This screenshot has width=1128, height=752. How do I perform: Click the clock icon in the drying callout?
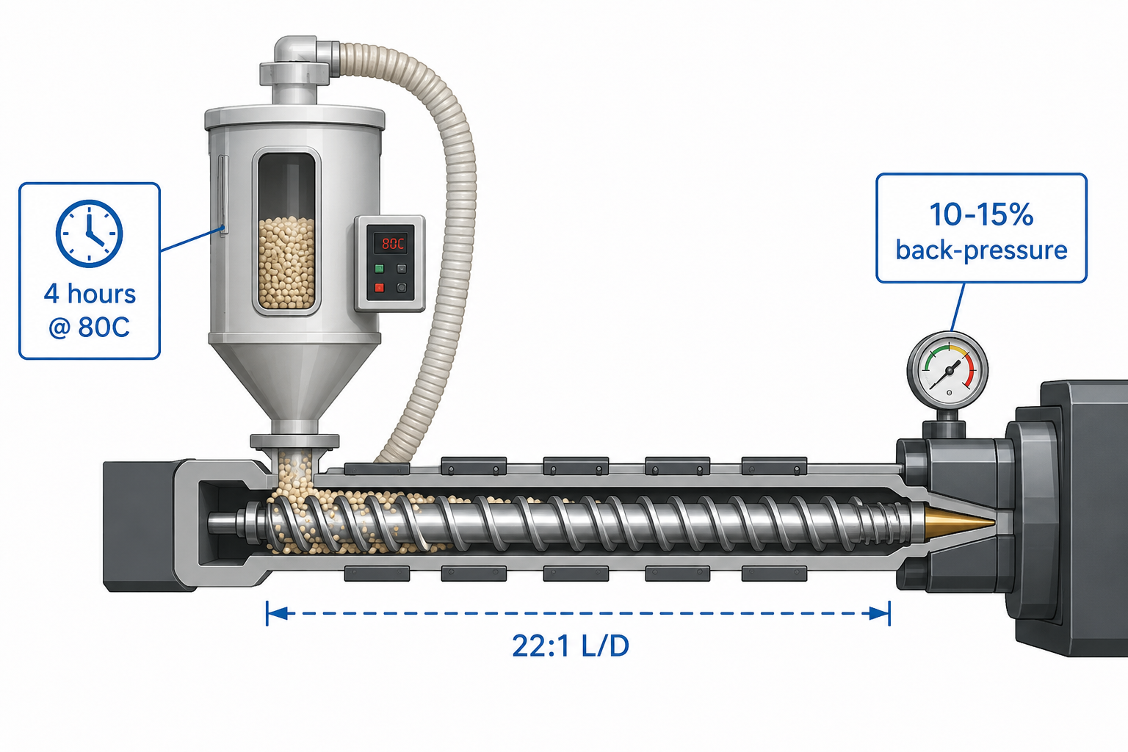pos(89,234)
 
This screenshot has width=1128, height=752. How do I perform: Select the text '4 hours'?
pos(90,294)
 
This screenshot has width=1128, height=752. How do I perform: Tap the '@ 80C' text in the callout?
pos(89,328)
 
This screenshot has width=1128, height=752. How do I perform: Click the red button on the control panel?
pos(379,288)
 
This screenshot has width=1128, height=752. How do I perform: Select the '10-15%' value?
pos(981,214)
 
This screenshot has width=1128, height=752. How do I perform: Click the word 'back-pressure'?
pos(981,250)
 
